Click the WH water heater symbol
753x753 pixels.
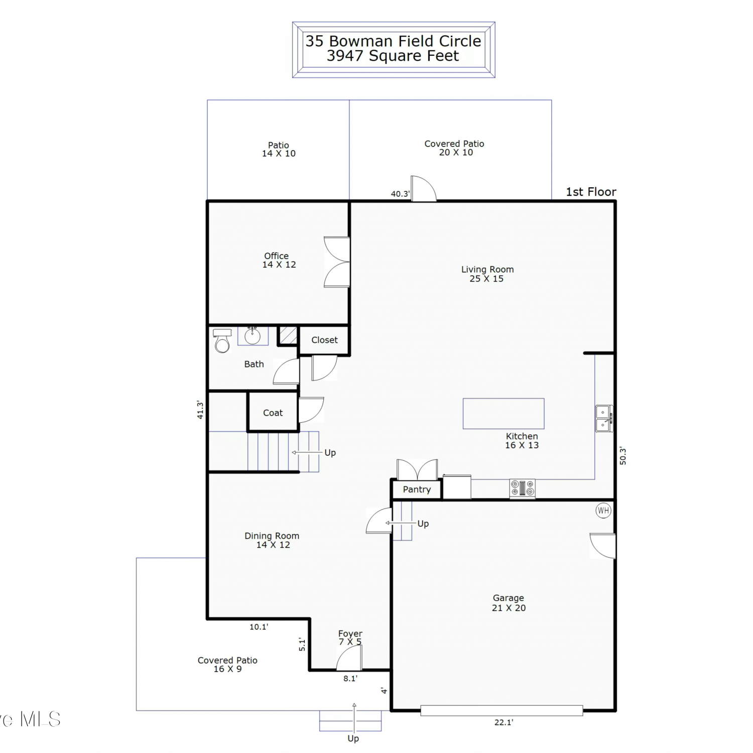coord(603,511)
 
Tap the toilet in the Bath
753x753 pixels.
coord(222,341)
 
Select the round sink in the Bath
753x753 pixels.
coord(253,335)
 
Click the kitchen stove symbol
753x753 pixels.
coord(522,488)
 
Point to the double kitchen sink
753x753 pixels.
coord(603,419)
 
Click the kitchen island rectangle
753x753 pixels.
coord(504,414)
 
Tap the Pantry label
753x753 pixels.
coord(417,489)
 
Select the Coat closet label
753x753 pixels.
coord(273,413)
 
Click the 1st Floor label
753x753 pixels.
coord(591,192)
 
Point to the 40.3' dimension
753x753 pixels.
coord(400,194)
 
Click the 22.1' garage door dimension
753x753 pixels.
coord(504,722)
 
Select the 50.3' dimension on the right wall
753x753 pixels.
coord(623,456)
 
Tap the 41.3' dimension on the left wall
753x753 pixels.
coord(200,410)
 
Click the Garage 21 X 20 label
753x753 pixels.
coord(509,603)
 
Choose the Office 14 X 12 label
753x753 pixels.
coord(279,260)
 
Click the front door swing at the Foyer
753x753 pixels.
coord(348,658)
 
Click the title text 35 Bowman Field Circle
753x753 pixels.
coord(393,41)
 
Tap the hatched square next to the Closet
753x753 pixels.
coord(288,335)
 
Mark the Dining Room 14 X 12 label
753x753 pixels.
coord(272,540)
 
